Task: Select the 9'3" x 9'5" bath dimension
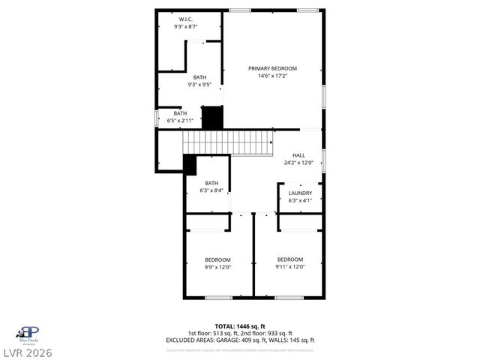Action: click(x=199, y=85)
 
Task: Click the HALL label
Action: click(x=298, y=155)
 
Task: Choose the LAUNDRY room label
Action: click(x=300, y=193)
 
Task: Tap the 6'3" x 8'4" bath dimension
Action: click(x=211, y=190)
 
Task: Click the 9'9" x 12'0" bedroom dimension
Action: click(x=217, y=267)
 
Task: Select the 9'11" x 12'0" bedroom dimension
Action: click(x=289, y=266)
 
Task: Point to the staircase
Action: click(x=229, y=142)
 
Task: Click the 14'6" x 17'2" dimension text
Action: click(x=273, y=76)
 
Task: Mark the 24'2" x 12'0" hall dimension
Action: click(x=298, y=163)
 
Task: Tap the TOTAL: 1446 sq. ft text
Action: click(x=240, y=326)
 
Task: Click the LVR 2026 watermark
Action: click(x=28, y=352)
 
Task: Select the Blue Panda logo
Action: click(x=28, y=332)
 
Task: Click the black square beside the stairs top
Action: click(x=212, y=117)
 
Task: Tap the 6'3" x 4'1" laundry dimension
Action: click(x=300, y=200)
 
